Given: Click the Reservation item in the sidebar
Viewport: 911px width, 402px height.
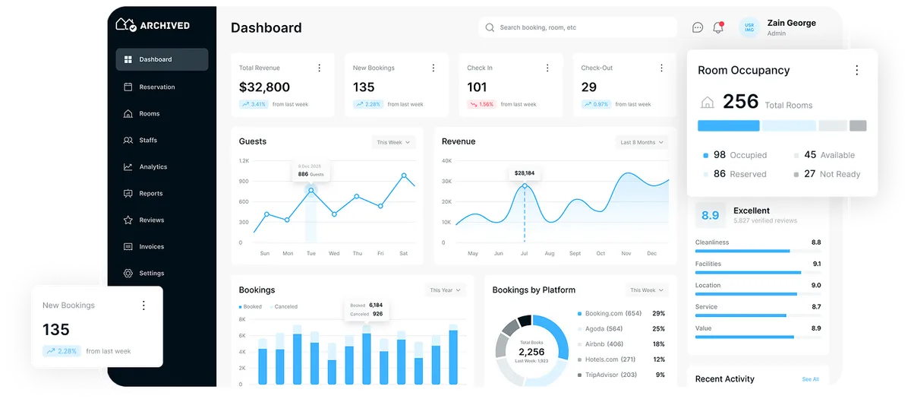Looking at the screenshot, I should pos(156,87).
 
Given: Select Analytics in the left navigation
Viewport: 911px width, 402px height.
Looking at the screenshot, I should pos(153,167).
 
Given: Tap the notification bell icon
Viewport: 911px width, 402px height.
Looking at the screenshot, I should pos(718,27).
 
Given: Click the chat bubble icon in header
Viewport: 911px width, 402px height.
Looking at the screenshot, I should pos(698,27).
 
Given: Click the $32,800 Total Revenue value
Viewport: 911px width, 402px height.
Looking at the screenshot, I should pos(264,87).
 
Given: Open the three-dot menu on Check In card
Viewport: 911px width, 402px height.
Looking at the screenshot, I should pos(547,68).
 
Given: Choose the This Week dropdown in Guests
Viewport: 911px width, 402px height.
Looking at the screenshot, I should pos(393,142).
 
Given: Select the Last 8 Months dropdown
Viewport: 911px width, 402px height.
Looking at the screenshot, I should pos(641,142).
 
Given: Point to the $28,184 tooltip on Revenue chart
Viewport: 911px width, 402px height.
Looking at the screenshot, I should pos(524,173).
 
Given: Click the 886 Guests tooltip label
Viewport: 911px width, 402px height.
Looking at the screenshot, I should pos(310,174).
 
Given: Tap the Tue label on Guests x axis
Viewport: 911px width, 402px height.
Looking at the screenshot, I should pos(310,253).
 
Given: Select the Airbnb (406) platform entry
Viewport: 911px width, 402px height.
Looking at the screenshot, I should pos(604,344).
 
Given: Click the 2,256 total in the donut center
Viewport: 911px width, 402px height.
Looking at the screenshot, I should pos(531,352).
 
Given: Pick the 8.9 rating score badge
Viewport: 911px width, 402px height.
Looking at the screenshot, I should pos(710,216).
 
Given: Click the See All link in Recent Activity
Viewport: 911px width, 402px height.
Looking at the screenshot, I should pos(810,379).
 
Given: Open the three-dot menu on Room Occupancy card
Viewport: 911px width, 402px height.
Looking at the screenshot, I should pos(857,71).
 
